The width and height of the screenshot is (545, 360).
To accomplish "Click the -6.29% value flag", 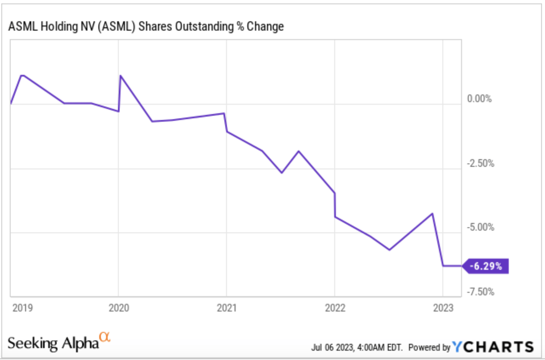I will pyautogui.click(x=486, y=266).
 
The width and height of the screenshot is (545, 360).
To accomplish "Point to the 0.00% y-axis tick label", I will pyautogui.click(x=479, y=99).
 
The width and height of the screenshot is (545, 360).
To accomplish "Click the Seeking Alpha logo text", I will pyautogui.click(x=53, y=343).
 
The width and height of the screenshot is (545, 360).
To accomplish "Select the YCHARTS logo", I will pyautogui.click(x=493, y=347).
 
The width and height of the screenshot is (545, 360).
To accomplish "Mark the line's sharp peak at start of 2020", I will pyautogui.click(x=120, y=76).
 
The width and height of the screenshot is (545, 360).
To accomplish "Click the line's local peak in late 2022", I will pyautogui.click(x=433, y=213).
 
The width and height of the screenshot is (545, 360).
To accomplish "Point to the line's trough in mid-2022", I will pyautogui.click(x=389, y=250).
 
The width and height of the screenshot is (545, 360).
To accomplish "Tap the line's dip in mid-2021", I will pyautogui.click(x=282, y=173).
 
